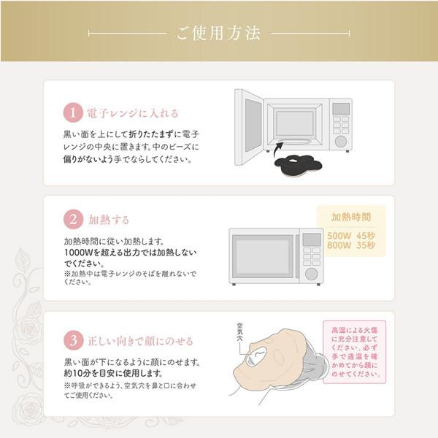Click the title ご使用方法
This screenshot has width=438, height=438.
pyautogui.click(x=219, y=34)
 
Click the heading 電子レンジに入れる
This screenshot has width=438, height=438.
pyautogui.click(x=132, y=114)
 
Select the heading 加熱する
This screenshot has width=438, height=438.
pyautogui.click(x=109, y=219)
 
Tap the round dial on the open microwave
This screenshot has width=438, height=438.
pyautogui.click(x=341, y=141)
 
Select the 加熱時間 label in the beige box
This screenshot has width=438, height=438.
pyautogui.click(x=350, y=217)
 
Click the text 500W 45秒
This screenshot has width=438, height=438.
pyautogui.click(x=350, y=235)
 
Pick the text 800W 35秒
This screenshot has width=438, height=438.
pyautogui.click(x=350, y=246)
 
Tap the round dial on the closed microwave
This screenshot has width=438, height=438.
pyautogui.click(x=312, y=273)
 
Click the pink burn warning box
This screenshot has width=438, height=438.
pyautogui.click(x=354, y=353)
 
